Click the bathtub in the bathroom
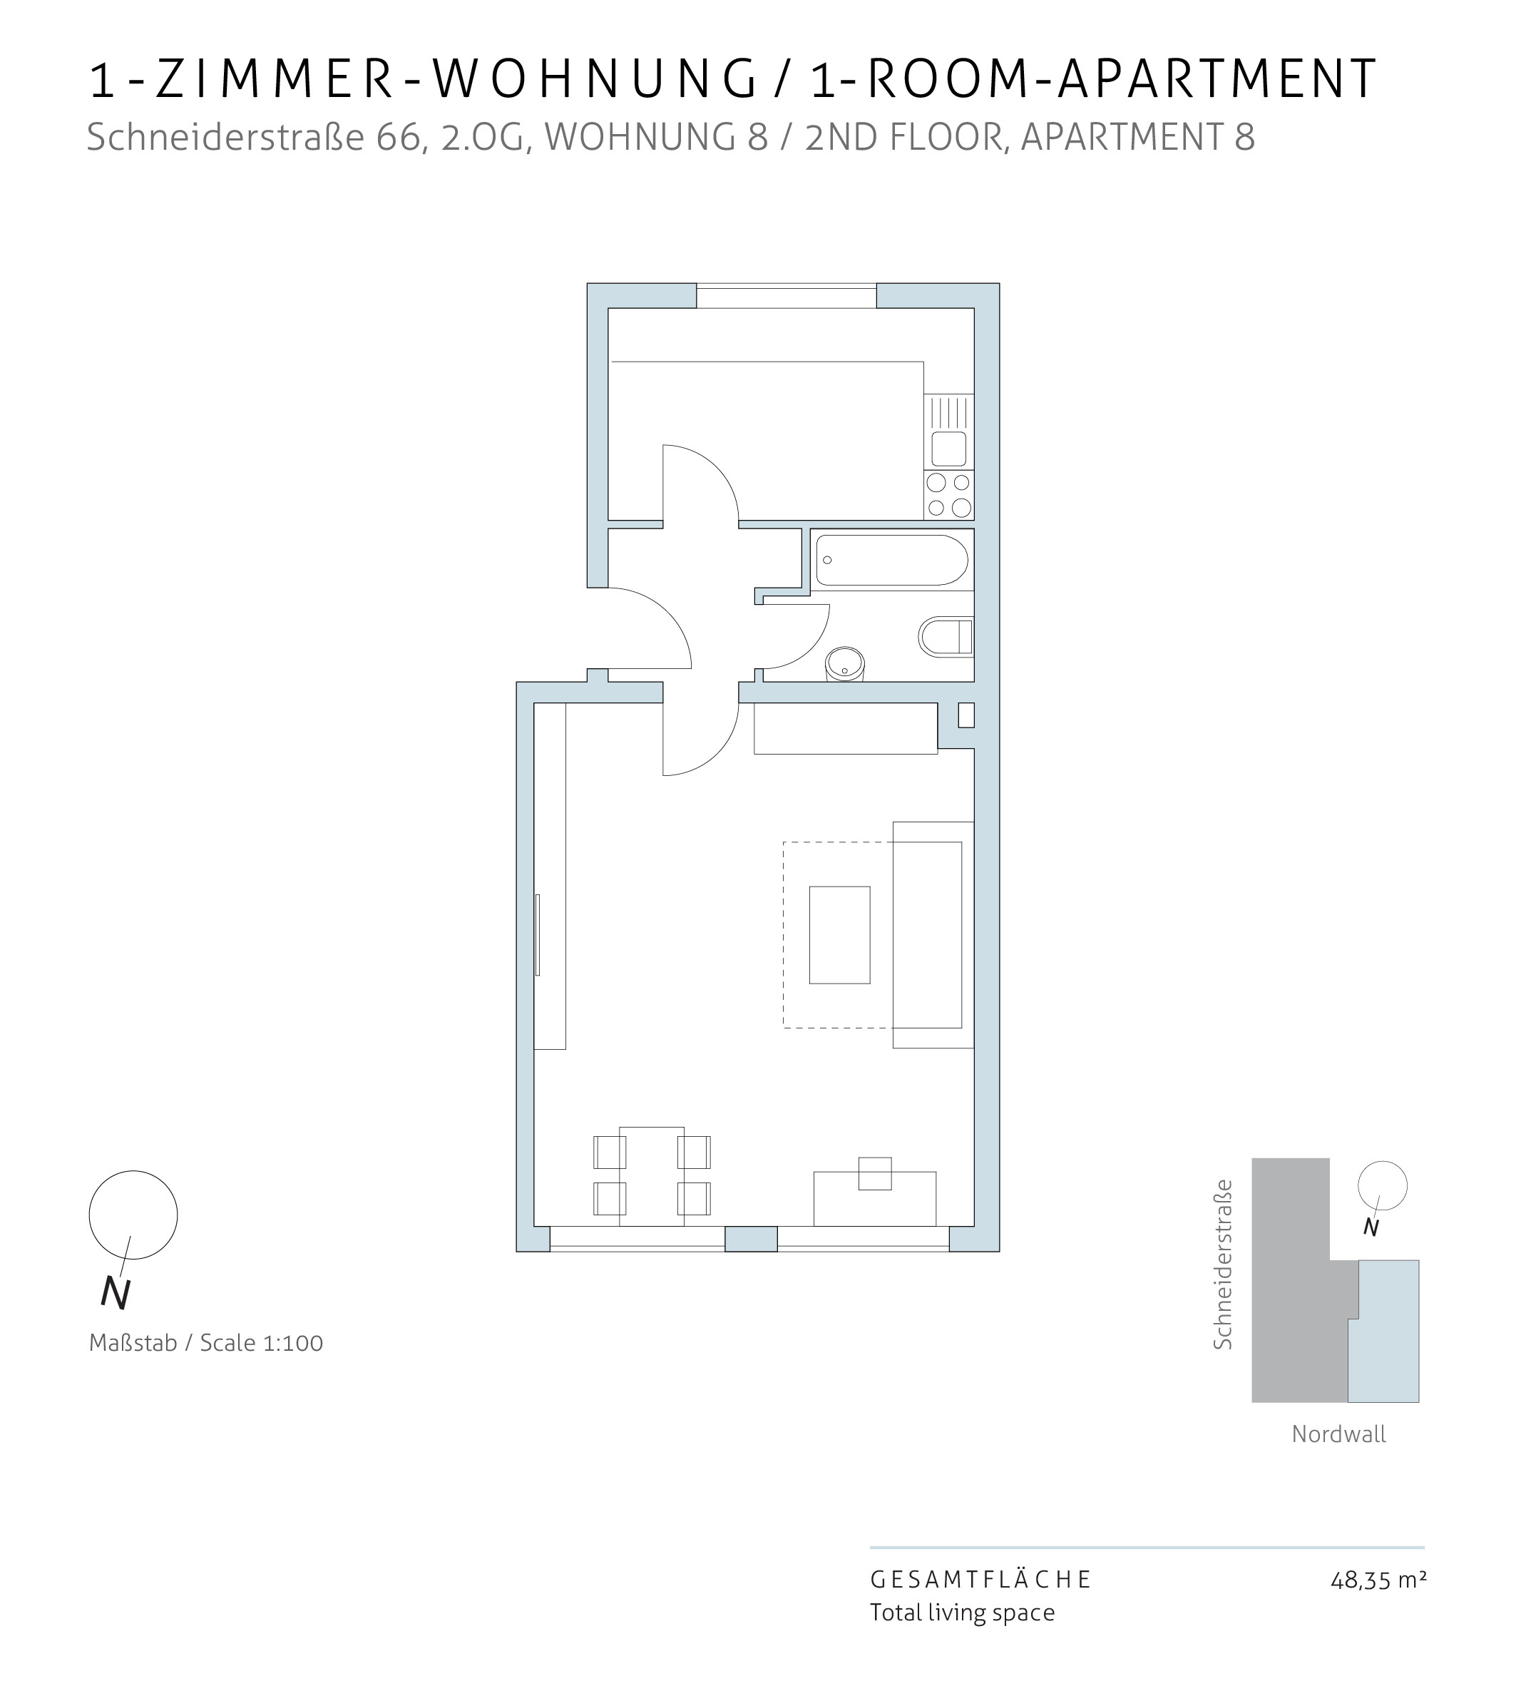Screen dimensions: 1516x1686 [x=891, y=560]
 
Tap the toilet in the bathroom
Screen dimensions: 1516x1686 [x=946, y=638]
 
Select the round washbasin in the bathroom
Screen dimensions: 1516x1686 [x=844, y=665]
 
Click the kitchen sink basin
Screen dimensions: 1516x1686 [x=949, y=449]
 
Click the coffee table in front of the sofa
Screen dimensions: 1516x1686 [x=839, y=934]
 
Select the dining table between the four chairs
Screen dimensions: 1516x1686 [x=651, y=1176]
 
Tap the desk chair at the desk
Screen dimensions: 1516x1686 [x=875, y=1173]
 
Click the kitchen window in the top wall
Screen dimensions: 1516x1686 [x=787, y=296]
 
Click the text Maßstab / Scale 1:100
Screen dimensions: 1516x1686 [x=206, y=1343]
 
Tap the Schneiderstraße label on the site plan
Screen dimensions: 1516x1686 [x=1222, y=1264]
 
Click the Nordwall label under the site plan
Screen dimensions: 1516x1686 [x=1338, y=1434]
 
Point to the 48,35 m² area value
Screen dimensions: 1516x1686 [x=1378, y=1579]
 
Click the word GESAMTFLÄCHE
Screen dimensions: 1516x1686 [x=981, y=1579]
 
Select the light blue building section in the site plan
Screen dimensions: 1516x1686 [x=1384, y=1331]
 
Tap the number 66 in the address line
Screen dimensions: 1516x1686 [x=401, y=138]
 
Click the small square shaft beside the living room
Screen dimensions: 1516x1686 [x=966, y=715]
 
